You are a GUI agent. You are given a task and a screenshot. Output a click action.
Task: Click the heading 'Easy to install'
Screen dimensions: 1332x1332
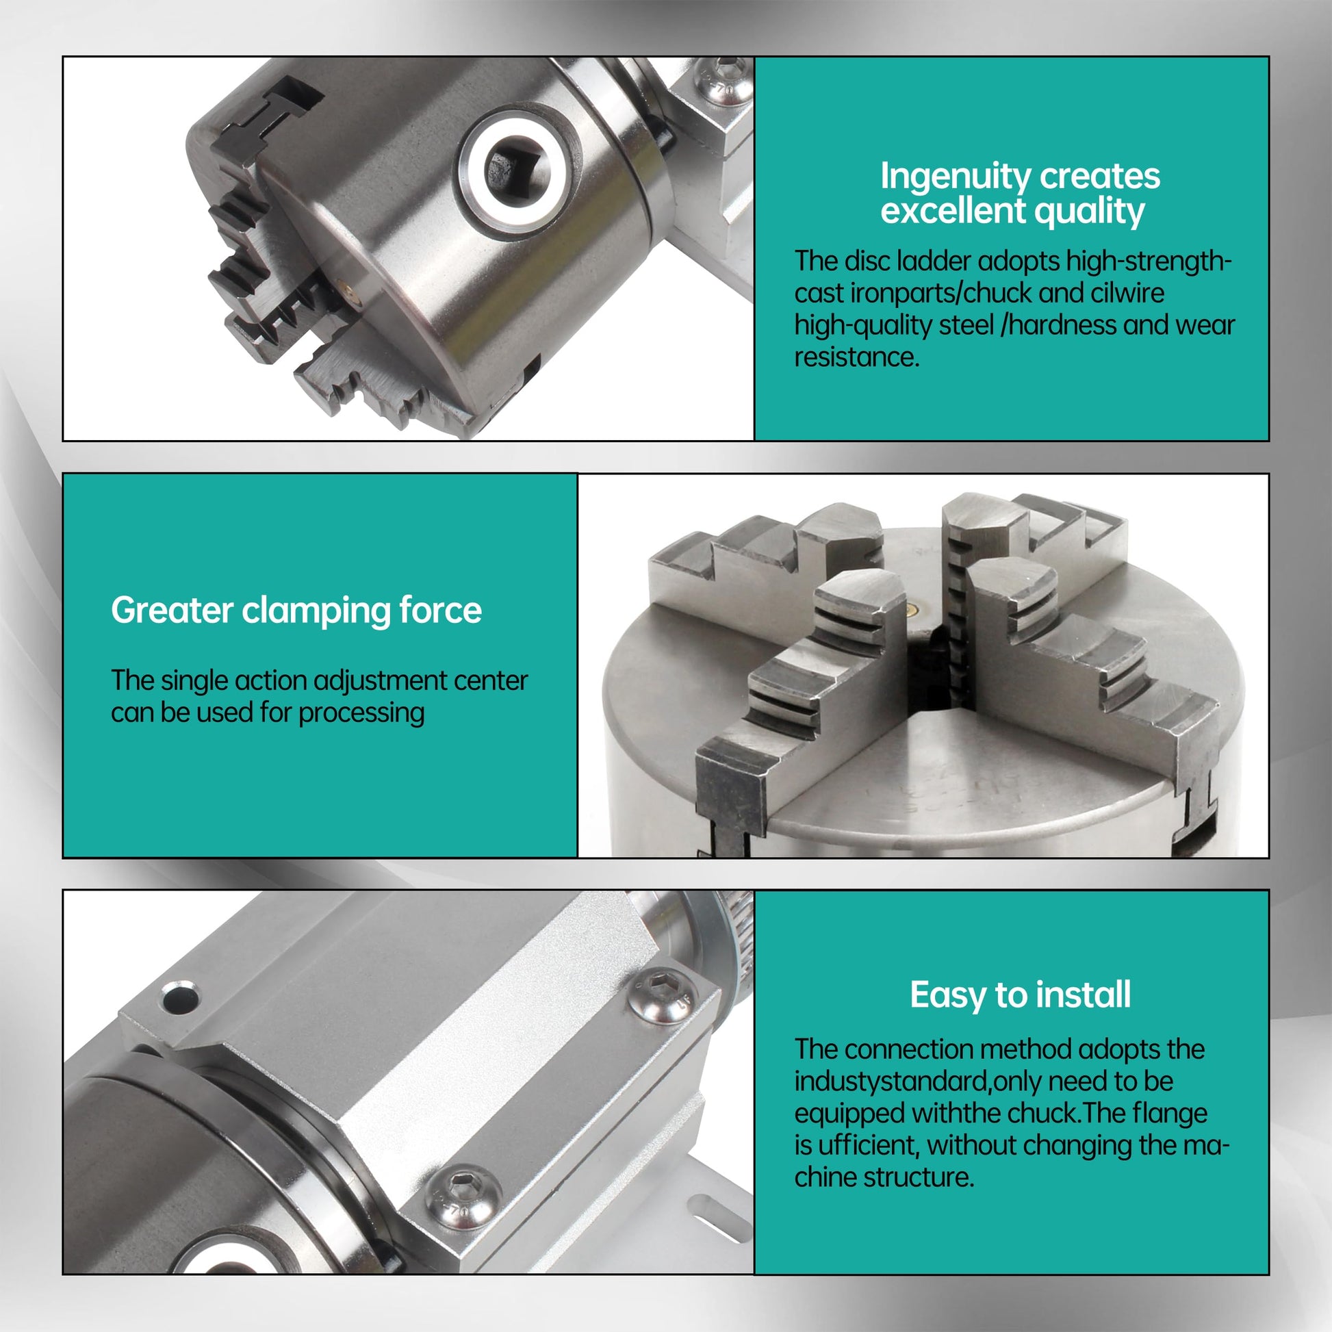[x=1020, y=995]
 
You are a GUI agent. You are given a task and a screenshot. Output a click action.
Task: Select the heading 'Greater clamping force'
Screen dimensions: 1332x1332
[x=296, y=610]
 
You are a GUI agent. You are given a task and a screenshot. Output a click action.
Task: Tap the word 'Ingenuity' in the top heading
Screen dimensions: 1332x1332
[x=955, y=177]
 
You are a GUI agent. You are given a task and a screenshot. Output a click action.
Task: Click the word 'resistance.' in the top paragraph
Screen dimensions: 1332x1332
[x=857, y=357]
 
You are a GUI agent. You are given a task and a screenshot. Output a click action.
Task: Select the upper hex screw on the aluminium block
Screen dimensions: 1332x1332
[x=662, y=994]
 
